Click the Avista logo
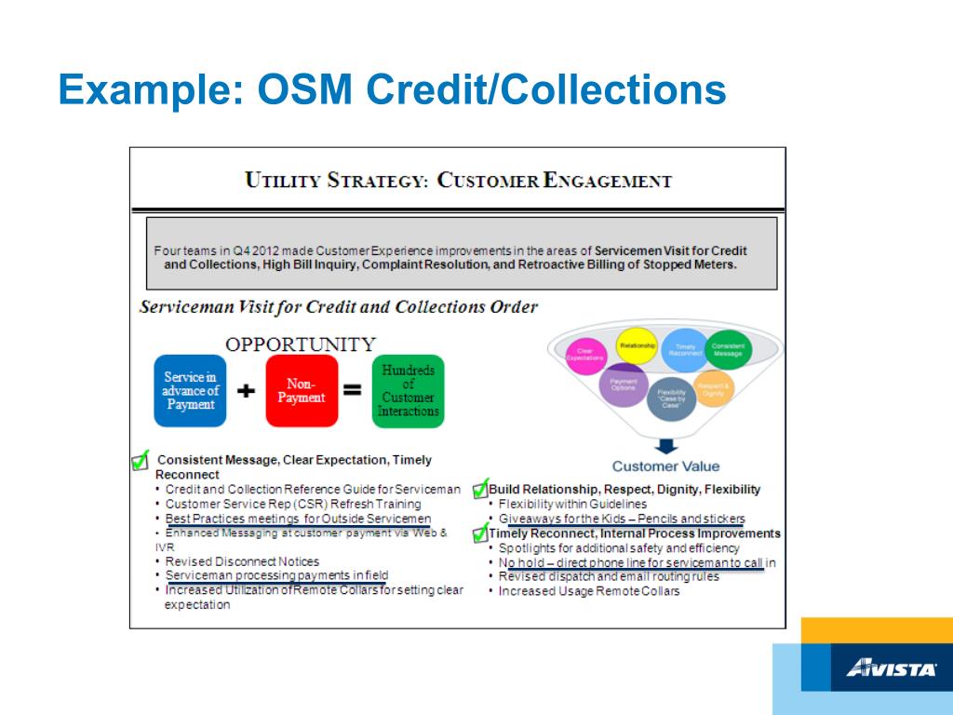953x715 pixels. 892,668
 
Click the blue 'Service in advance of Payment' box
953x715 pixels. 190,391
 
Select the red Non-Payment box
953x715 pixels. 301,391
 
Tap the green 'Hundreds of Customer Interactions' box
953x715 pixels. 408,391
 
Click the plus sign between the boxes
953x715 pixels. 246,392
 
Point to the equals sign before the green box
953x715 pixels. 353,391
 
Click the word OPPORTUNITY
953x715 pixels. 301,344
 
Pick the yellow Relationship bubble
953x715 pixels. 638,346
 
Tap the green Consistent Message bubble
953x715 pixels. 728,349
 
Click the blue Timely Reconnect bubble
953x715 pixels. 686,350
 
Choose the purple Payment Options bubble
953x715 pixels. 624,384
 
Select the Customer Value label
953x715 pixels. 665,466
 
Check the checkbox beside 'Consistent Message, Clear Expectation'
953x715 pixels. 141,459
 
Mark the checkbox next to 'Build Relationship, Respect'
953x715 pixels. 480,489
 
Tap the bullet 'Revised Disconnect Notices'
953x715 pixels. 242,561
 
